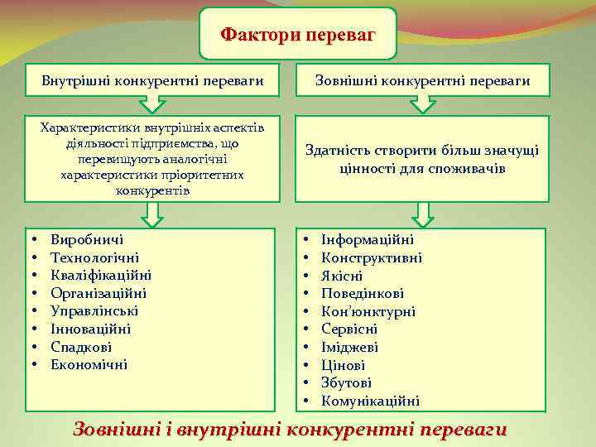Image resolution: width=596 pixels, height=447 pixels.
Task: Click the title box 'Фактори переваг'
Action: (x=298, y=35)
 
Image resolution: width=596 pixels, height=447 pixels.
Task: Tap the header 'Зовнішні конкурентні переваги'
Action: (x=423, y=80)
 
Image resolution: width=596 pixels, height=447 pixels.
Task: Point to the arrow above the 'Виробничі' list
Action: (x=152, y=216)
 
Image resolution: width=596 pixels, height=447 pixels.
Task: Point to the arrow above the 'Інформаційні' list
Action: (x=423, y=216)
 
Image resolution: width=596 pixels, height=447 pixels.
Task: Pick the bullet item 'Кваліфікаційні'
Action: (x=100, y=275)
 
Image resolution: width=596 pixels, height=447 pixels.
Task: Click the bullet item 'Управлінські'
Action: (x=94, y=311)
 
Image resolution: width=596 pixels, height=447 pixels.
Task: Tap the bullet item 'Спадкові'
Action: (x=81, y=347)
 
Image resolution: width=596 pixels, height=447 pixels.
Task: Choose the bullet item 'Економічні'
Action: (x=89, y=364)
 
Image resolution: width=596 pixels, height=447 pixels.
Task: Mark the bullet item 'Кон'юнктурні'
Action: (x=368, y=311)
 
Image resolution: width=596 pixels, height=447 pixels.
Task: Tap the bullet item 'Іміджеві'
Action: (x=350, y=347)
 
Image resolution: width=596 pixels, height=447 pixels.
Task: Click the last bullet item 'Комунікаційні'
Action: (x=370, y=401)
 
